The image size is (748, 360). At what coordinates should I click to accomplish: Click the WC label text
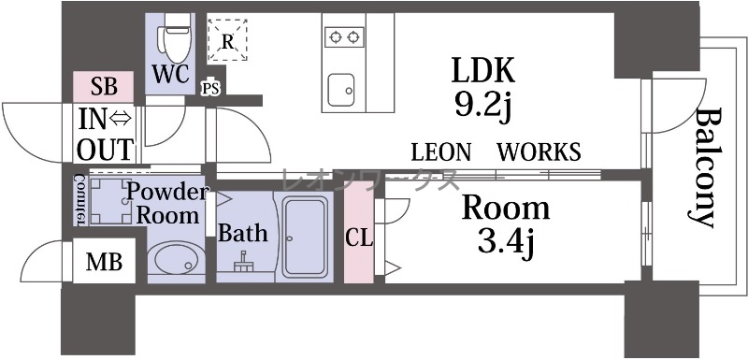coord(171,74)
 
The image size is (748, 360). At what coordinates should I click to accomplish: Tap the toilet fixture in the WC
coord(178,37)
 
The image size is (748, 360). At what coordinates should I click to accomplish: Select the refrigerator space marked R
coord(227,40)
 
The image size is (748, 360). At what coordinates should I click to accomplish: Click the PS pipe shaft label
coord(210,89)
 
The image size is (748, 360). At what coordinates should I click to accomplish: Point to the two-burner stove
coord(344,36)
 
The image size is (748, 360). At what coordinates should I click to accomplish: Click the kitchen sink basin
coord(341,90)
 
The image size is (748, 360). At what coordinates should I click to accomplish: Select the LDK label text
coord(482,70)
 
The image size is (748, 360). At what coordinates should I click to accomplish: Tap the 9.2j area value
coord(482,106)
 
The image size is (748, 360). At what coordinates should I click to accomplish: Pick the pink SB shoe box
coord(104,87)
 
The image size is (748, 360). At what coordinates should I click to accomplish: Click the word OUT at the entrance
coord(105,150)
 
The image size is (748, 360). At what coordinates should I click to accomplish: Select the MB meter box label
coord(104,262)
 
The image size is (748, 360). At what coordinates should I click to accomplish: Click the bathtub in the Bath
coord(305,237)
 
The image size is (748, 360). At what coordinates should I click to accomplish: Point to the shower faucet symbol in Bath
coord(244,262)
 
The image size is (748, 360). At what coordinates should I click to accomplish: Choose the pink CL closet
coord(359,232)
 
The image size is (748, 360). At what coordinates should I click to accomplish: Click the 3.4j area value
coord(506,243)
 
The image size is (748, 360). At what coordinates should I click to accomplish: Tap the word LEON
coord(441,152)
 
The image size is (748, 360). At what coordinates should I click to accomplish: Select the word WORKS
coord(539,152)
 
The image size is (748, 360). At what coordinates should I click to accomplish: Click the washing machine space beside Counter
coord(110,201)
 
